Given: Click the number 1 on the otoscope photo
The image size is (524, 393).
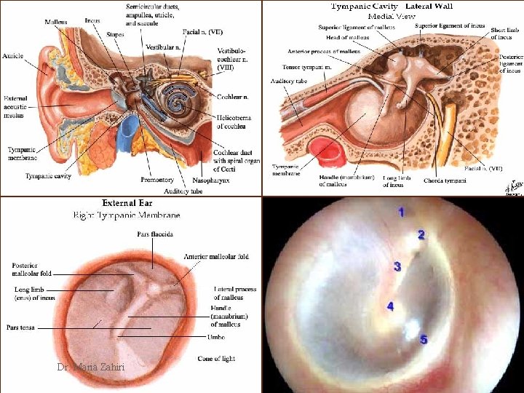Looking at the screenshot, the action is (401, 212).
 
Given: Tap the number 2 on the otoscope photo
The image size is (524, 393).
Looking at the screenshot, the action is (421, 235).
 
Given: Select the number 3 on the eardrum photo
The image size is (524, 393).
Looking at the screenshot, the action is (397, 266).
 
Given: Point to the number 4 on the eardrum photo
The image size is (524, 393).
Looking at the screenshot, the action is (391, 306).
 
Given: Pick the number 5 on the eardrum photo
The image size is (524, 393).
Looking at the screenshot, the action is (424, 339).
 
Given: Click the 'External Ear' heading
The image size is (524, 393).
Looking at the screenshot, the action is (127, 203).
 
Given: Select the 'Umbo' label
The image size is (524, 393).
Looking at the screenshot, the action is (207, 338).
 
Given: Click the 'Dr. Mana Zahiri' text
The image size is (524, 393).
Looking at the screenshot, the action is (90, 368).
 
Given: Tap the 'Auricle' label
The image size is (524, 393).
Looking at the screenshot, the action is (12, 55).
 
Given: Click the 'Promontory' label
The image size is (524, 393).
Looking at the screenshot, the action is (158, 180).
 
